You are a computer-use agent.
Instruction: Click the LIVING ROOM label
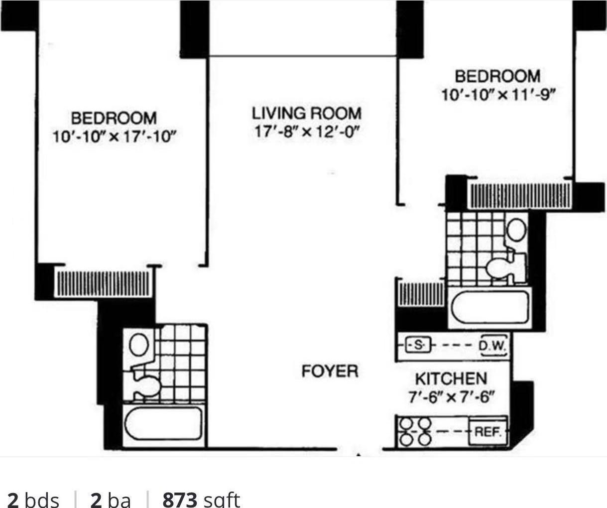[x=306, y=113]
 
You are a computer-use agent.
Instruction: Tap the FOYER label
[x=330, y=371]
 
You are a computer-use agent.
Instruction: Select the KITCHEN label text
[x=451, y=379]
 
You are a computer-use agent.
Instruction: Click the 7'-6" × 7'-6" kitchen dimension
[x=451, y=397]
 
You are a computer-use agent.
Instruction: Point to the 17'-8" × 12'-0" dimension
[x=307, y=132]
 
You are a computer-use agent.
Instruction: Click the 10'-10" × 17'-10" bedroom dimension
[x=115, y=136]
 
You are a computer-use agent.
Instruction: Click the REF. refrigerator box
[x=488, y=432]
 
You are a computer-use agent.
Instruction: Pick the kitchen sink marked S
[x=419, y=345]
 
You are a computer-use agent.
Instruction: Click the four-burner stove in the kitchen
[x=415, y=432]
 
